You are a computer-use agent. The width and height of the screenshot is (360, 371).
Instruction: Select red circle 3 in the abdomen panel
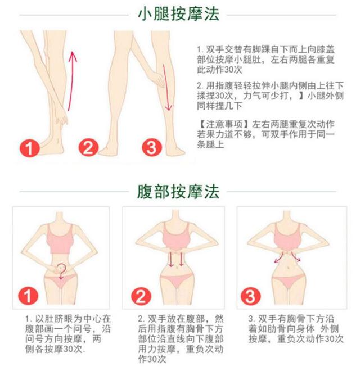251,296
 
